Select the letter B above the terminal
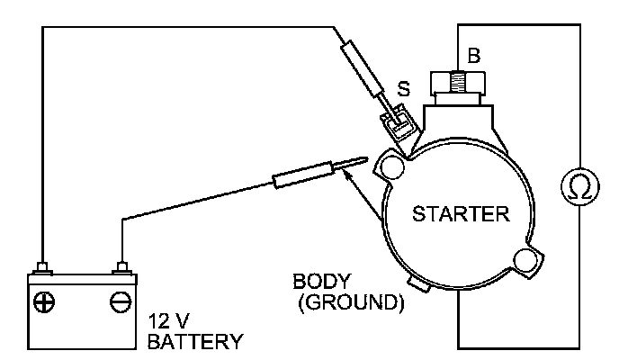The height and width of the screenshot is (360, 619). point(475,56)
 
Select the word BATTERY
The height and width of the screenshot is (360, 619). point(195,341)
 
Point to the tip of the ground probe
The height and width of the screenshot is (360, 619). point(363,161)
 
